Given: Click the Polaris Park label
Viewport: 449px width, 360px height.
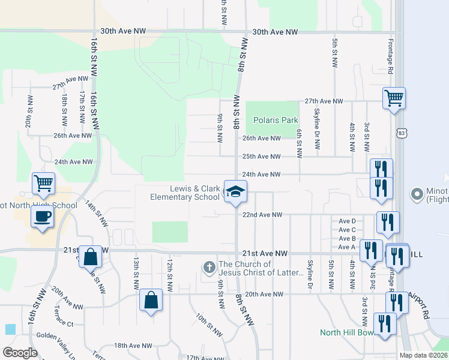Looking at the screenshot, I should pos(276,120).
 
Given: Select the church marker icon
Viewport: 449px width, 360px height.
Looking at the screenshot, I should pos(209,268).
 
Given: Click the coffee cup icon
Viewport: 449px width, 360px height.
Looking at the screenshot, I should pos(41,217).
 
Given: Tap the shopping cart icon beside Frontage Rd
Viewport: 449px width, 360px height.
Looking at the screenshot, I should pos(394,97).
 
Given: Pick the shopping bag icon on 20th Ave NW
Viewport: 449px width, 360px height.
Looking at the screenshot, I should pos(151,300).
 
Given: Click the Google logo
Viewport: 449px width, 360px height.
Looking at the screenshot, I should pos(20,353).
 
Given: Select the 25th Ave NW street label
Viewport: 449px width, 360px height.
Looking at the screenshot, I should pos(261,157).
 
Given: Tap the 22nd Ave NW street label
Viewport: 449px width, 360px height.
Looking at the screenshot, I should pos(262,215).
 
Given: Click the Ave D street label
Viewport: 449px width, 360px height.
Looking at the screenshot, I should pos(348,221).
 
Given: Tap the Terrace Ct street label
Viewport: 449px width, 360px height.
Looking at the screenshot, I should pos(62,324).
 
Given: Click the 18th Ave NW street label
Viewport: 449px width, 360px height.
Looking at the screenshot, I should pos(133,346).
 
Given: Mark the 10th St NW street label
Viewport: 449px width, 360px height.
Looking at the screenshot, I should pos(205,323).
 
